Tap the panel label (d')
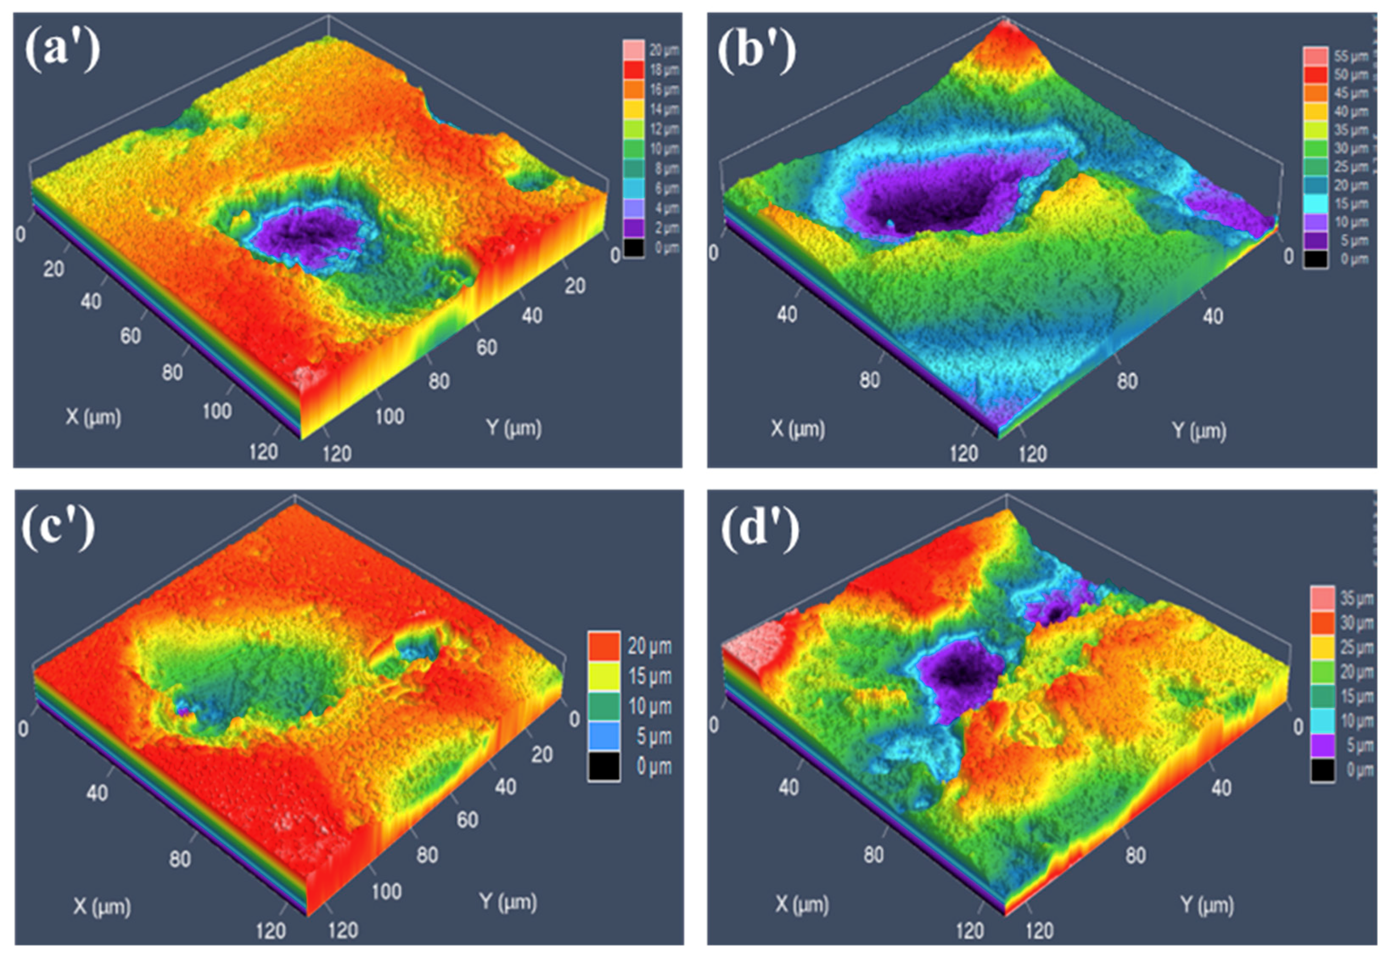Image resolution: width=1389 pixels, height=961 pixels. (760, 530)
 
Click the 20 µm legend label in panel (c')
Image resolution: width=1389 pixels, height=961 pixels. (650, 646)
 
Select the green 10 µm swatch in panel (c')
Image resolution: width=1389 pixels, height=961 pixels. (604, 706)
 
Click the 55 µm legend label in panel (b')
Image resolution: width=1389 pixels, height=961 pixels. (1350, 57)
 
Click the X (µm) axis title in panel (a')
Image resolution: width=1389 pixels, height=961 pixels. (93, 417)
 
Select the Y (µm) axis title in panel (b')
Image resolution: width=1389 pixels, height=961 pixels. (1199, 431)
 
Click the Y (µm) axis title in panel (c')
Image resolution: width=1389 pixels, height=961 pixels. (507, 902)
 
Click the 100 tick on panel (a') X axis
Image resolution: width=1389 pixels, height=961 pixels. (216, 411)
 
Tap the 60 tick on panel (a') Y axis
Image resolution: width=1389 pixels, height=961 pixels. (487, 348)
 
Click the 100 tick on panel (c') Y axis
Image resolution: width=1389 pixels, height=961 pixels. (386, 891)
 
